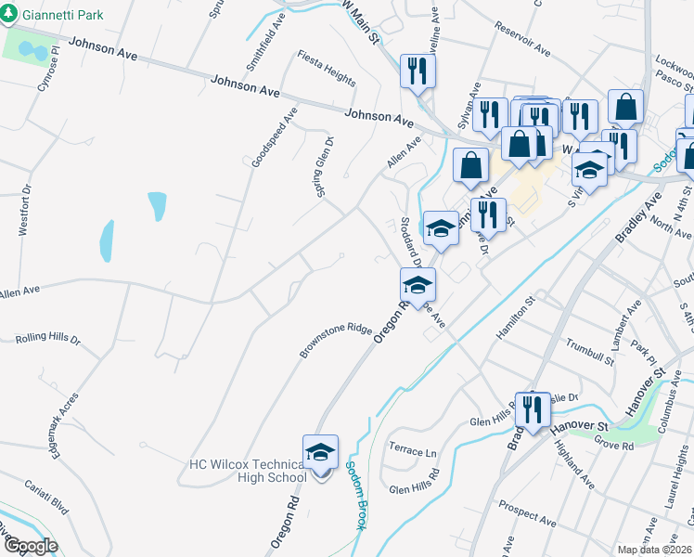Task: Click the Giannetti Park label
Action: tap(64, 16)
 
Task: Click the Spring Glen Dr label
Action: tap(322, 160)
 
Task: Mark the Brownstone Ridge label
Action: tap(334, 341)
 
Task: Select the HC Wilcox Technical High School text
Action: tap(247, 471)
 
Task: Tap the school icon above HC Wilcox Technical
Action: tap(321, 453)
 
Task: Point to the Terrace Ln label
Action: tap(413, 451)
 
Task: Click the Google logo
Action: tap(30, 546)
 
